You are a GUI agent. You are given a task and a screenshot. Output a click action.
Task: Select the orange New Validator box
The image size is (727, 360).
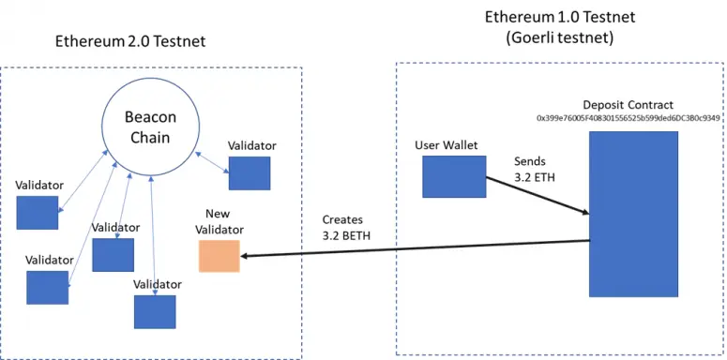219,256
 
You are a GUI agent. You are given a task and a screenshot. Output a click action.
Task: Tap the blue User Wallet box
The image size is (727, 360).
453,176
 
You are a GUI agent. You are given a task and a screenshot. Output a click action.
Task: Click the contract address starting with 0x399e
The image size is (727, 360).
628,119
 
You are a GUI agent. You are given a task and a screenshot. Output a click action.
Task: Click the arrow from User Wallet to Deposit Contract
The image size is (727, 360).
536,194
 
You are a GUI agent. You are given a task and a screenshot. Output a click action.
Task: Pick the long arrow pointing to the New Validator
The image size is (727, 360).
413,247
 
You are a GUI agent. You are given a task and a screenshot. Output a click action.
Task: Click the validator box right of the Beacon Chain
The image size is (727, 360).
250,173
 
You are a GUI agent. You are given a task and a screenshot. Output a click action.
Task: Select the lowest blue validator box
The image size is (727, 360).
155,311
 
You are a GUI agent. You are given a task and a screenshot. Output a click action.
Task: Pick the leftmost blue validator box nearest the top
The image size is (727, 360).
37,213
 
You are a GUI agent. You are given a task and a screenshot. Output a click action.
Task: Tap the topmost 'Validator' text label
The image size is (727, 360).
251,145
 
